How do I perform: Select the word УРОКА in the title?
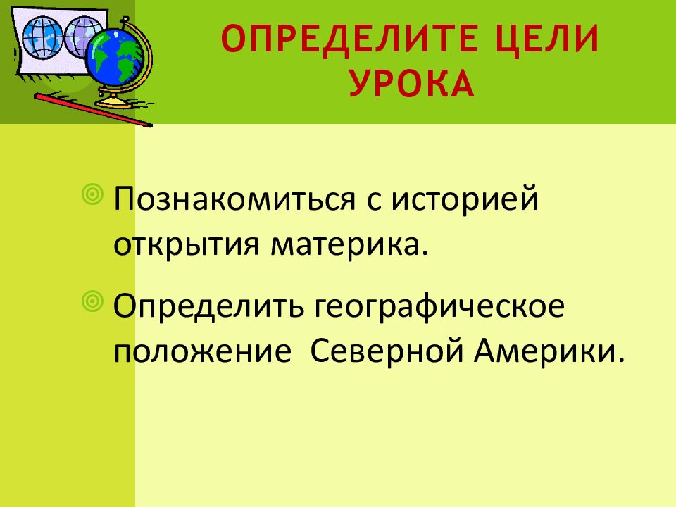coord(413,83)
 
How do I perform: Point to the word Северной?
coord(387,349)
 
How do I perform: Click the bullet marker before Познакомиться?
coord(92,194)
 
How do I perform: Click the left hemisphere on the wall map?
coord(42,37)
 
